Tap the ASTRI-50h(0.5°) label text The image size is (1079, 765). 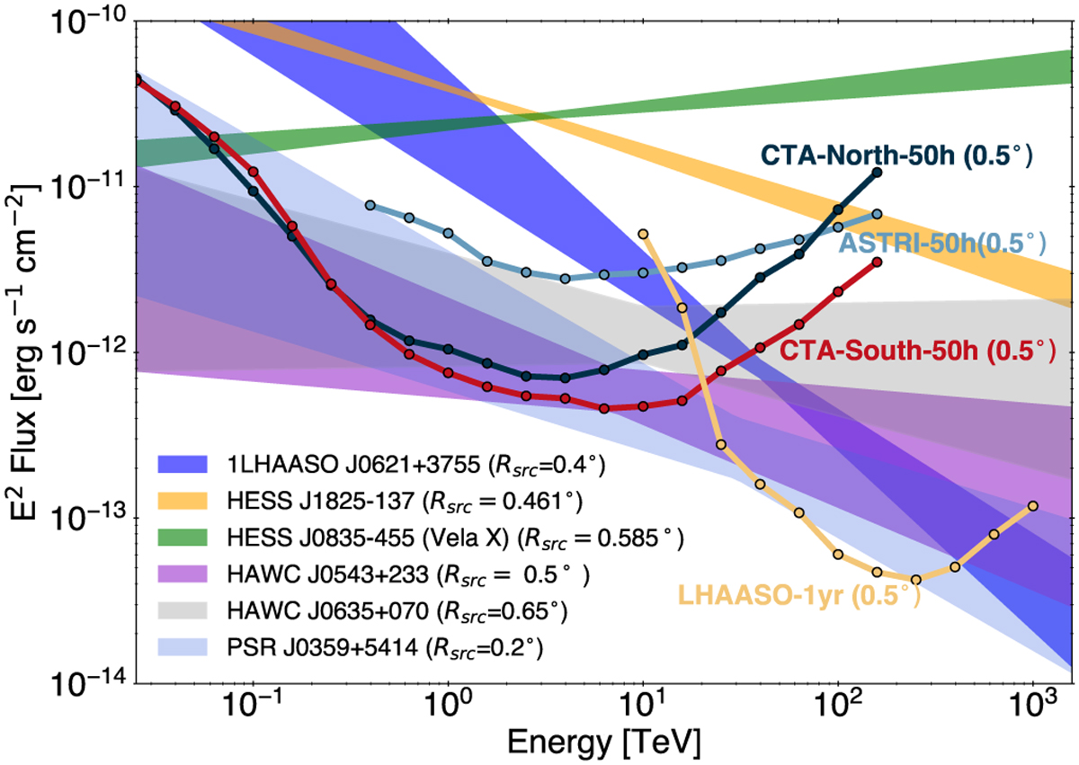(x=942, y=243)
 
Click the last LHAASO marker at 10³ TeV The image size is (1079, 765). (x=1032, y=506)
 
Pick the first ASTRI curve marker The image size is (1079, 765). (x=370, y=206)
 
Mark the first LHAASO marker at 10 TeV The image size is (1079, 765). (x=643, y=234)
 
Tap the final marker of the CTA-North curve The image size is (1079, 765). (x=877, y=172)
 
